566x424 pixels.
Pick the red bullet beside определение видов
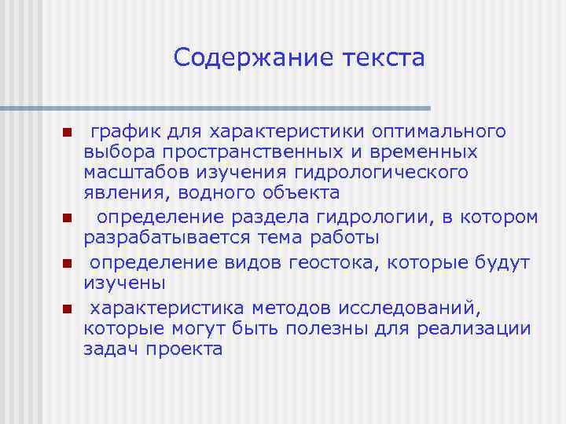click(68, 263)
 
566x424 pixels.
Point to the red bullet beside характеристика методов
click(68, 309)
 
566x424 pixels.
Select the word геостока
click(340, 261)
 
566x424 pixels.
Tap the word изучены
click(116, 283)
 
